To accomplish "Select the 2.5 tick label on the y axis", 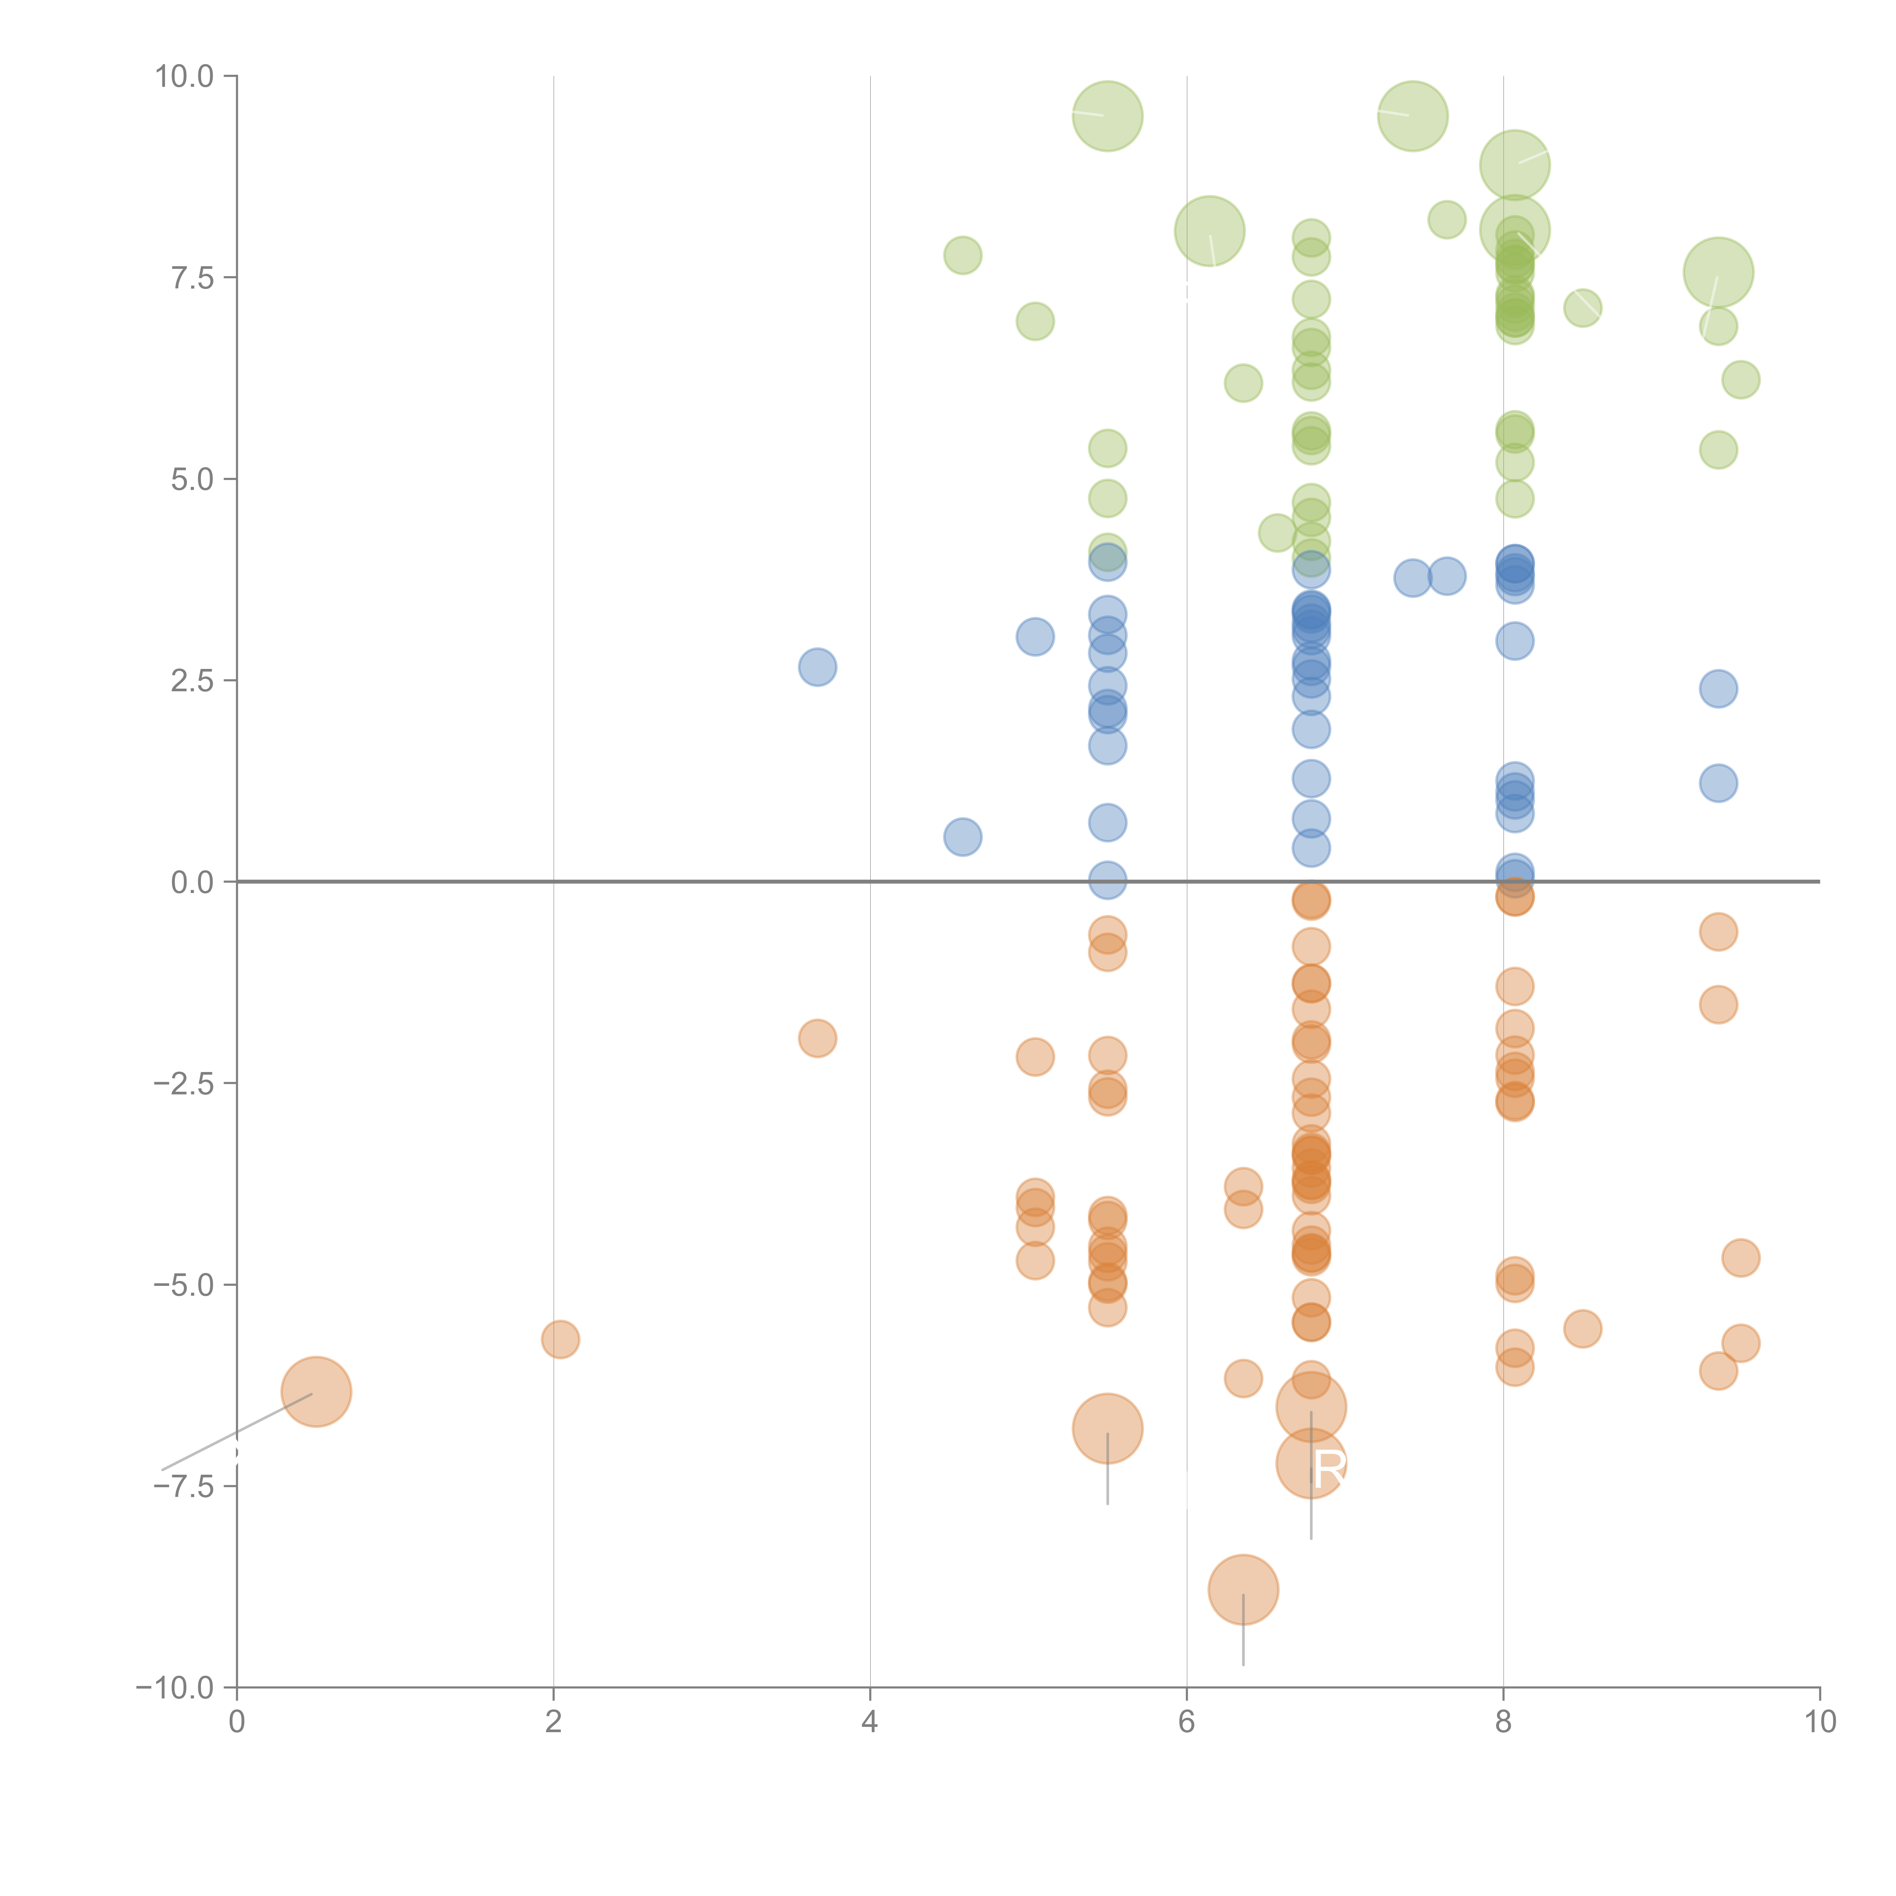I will pos(192,681).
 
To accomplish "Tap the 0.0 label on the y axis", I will pos(192,882).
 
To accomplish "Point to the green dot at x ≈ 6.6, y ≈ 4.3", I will pos(1277,533).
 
